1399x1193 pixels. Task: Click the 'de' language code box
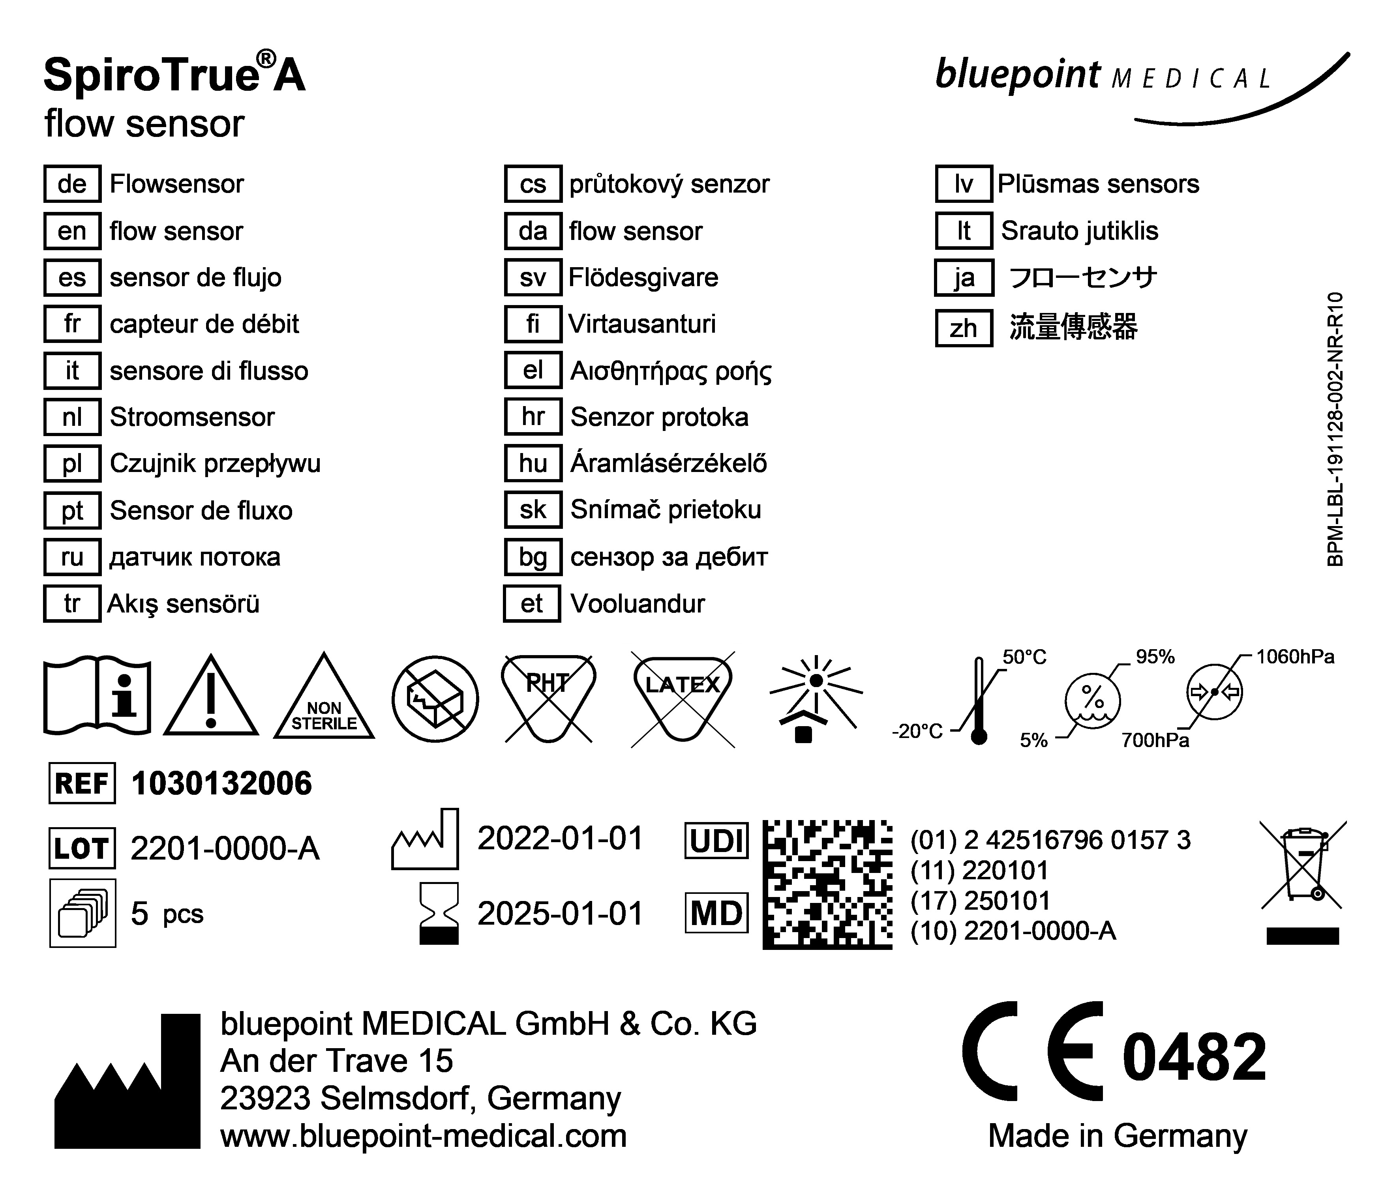click(72, 184)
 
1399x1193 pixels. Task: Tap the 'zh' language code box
click(964, 328)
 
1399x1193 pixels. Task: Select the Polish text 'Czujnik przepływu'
click(215, 464)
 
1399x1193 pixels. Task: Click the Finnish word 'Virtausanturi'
click(641, 324)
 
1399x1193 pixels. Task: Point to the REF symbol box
click(82, 783)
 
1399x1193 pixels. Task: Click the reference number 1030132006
click(221, 783)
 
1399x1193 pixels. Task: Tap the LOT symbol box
click(82, 848)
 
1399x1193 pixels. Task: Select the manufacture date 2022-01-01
click(560, 839)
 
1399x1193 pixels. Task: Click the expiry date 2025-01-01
click(560, 914)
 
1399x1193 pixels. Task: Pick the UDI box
click(716, 841)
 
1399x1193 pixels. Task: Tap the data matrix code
click(827, 884)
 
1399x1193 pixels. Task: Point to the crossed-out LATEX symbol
click(683, 699)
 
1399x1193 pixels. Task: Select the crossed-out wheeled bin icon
click(1303, 867)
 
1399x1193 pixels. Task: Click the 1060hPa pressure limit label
click(1294, 657)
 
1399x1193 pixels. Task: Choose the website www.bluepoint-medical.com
click(423, 1136)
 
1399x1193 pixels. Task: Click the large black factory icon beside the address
click(128, 1087)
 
